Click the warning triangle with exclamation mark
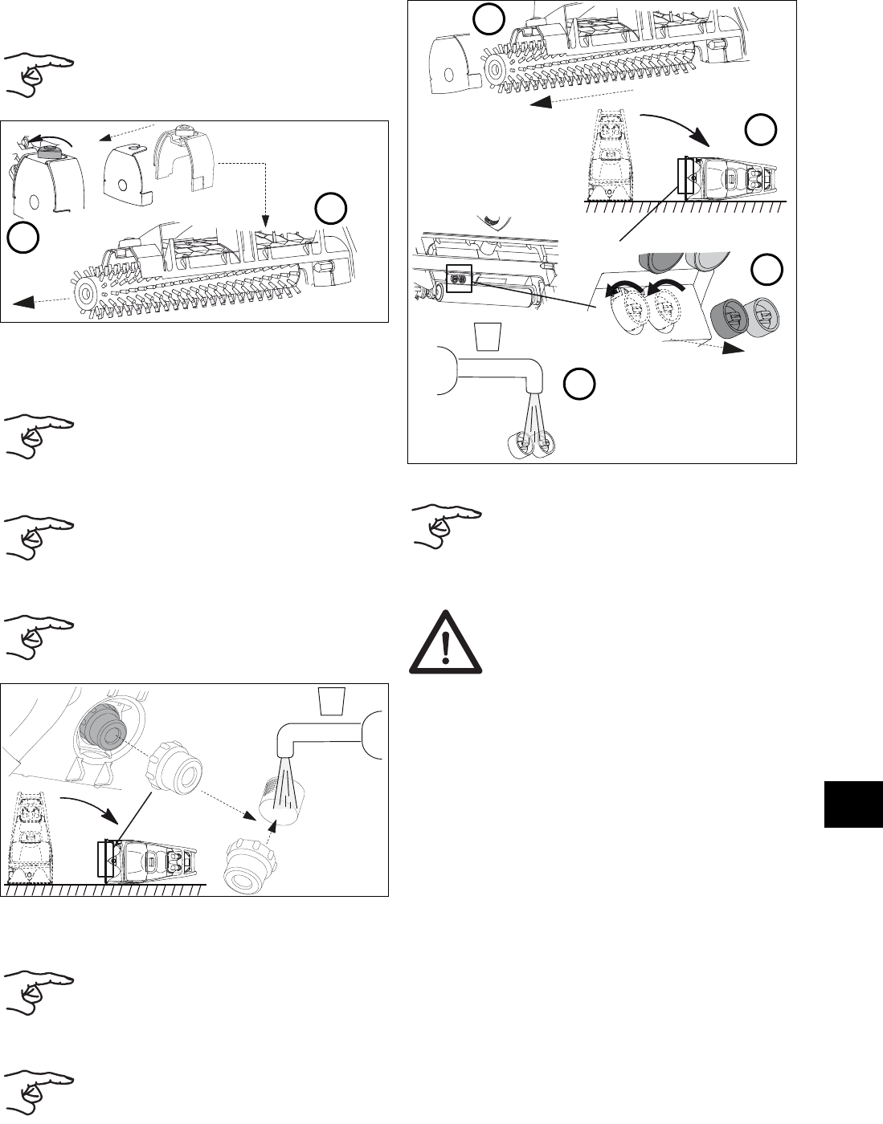[446, 645]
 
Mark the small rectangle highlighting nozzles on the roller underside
[458, 278]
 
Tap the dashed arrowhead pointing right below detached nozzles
[732, 348]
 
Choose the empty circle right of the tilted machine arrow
[759, 129]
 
